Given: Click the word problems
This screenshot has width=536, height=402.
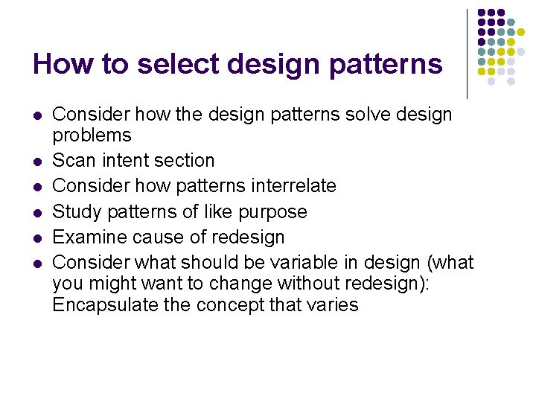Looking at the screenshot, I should tap(92, 135).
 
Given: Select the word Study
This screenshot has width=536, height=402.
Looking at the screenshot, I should tap(77, 212).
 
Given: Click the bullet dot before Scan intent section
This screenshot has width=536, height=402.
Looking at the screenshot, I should tap(36, 162).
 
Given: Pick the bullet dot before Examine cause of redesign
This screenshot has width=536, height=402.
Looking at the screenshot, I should tap(36, 238).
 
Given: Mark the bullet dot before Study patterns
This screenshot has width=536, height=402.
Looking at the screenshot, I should tap(36, 213).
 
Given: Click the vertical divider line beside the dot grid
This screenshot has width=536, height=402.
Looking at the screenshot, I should tap(467, 54).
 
